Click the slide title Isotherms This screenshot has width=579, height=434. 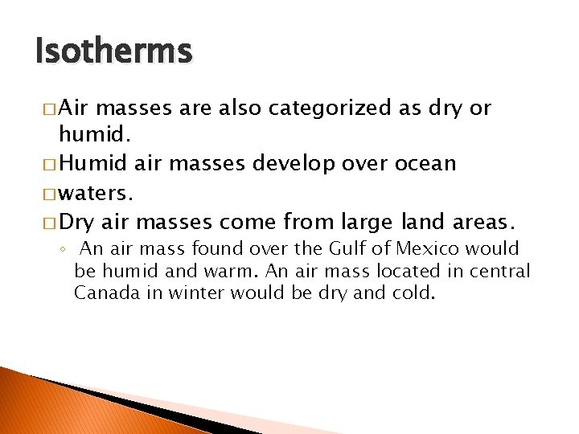click(114, 52)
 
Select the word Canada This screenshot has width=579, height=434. click(105, 293)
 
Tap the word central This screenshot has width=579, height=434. click(502, 272)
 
